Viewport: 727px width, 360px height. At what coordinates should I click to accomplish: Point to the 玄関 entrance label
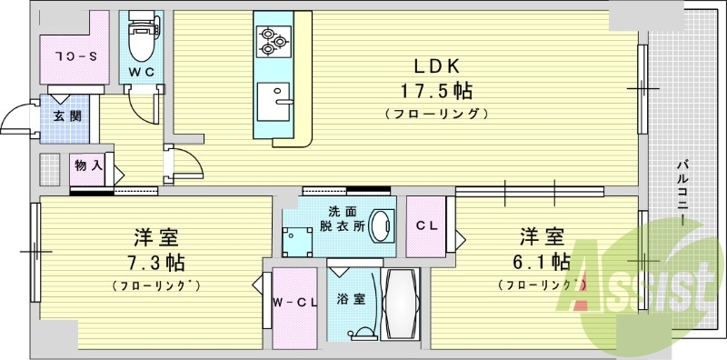(66, 115)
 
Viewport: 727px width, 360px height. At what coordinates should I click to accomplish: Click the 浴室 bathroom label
(351, 298)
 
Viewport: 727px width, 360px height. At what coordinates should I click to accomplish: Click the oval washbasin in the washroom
(384, 224)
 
